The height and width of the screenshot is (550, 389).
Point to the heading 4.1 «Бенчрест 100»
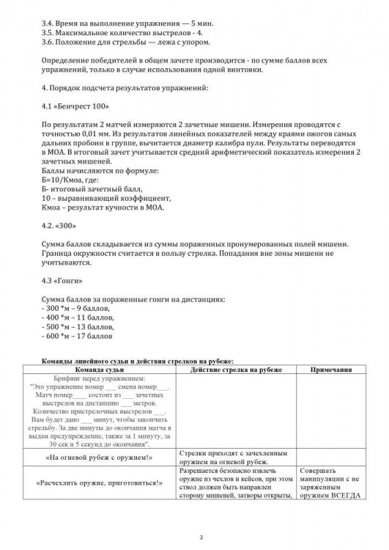[x=76, y=107]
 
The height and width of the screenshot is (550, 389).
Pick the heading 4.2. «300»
[x=60, y=225]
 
